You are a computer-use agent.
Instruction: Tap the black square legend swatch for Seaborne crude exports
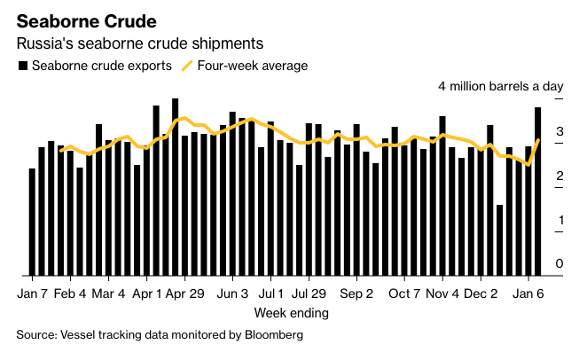click(22, 66)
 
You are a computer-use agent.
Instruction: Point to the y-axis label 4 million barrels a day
click(501, 86)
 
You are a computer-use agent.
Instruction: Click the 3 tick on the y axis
click(559, 132)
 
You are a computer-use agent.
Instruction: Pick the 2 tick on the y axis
click(559, 176)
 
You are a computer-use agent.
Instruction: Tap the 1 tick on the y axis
click(559, 220)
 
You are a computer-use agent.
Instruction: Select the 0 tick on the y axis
click(559, 263)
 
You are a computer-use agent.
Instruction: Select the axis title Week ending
click(291, 313)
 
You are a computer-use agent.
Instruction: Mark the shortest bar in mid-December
click(500, 239)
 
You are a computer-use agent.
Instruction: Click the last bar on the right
click(538, 191)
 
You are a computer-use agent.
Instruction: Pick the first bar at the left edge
click(33, 222)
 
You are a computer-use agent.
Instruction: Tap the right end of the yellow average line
click(538, 140)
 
